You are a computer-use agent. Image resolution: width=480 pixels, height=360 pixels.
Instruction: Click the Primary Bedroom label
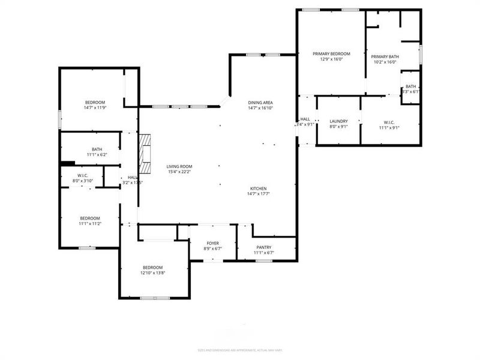pyautogui.click(x=331, y=54)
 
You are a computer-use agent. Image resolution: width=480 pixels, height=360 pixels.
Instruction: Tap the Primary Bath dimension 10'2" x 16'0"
pyautogui.click(x=386, y=62)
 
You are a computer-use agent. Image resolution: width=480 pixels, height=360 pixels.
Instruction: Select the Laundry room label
pyautogui.click(x=338, y=121)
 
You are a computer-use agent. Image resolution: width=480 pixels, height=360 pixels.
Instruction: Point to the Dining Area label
pyautogui.click(x=260, y=103)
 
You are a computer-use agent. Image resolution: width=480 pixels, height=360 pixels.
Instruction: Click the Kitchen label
pyautogui.click(x=259, y=188)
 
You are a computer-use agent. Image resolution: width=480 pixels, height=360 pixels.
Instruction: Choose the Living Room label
pyautogui.click(x=179, y=166)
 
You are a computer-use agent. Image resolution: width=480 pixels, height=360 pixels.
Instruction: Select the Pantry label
pyautogui.click(x=264, y=247)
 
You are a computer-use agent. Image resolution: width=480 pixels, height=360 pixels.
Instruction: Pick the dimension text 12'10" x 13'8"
pyautogui.click(x=152, y=273)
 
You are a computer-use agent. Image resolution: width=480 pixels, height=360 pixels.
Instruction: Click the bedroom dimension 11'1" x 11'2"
pyautogui.click(x=90, y=224)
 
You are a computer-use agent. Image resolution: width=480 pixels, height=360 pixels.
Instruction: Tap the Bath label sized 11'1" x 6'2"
pyautogui.click(x=97, y=149)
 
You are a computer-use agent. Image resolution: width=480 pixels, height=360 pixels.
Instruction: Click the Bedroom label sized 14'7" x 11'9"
pyautogui.click(x=95, y=102)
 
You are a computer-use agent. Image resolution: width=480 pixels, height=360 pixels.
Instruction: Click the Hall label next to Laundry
pyautogui.click(x=305, y=119)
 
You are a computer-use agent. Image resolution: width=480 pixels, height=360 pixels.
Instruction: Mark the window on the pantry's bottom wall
pyautogui.click(x=265, y=260)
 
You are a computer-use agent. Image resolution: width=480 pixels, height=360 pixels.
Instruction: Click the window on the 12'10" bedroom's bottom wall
pyautogui.click(x=154, y=298)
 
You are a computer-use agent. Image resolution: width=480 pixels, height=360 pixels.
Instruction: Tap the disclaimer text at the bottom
pyautogui.click(x=240, y=350)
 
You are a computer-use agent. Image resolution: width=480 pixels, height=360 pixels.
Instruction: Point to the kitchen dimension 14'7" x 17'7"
pyautogui.click(x=259, y=194)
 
